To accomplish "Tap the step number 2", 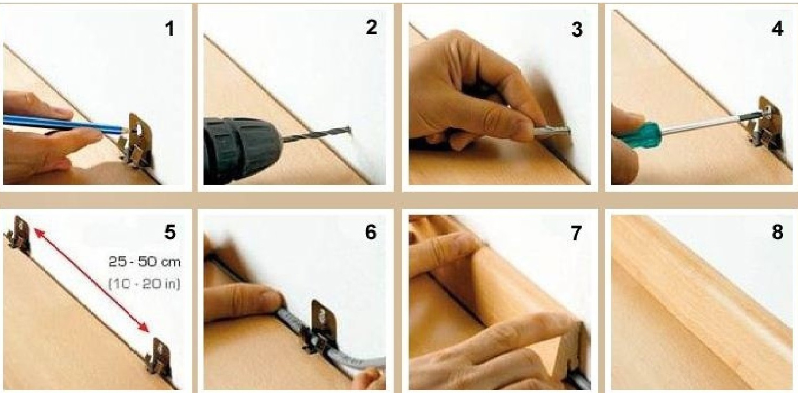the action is point(371,27).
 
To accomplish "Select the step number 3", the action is point(577,29).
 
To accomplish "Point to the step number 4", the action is point(778,28).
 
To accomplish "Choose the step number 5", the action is point(170,232).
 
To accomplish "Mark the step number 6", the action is point(371,232).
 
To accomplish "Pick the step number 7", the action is point(576,233).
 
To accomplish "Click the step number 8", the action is point(777,232).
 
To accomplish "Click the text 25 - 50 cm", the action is point(145,262).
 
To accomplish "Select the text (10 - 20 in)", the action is point(144,284).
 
